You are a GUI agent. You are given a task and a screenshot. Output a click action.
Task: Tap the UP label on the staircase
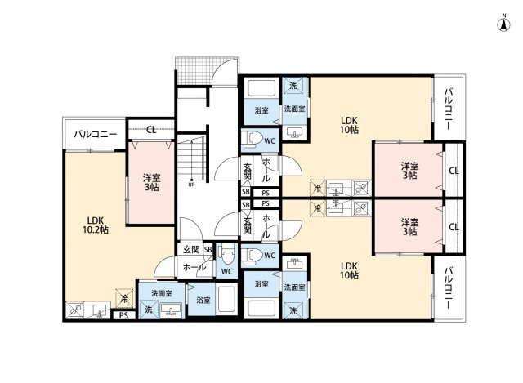[190, 184]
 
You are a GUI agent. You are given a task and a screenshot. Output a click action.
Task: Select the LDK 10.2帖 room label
[94, 225]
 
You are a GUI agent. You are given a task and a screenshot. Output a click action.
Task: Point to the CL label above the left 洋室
[153, 130]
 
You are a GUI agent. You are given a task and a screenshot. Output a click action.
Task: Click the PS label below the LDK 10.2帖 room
[123, 315]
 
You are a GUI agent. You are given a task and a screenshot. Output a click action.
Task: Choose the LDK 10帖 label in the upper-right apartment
[350, 123]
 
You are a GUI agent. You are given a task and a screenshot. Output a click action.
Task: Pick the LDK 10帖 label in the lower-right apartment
[350, 270]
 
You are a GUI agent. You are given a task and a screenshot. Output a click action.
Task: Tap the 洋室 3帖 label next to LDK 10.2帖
[150, 182]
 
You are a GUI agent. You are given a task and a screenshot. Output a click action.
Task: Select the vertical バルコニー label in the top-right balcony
[449, 109]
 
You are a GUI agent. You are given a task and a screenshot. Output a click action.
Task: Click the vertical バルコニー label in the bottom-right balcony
[449, 287]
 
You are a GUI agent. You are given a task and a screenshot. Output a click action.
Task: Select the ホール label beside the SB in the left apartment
[194, 266]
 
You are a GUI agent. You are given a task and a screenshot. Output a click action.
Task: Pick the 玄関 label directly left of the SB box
[190, 250]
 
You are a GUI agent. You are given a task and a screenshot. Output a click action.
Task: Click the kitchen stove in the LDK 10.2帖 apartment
[76, 310]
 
